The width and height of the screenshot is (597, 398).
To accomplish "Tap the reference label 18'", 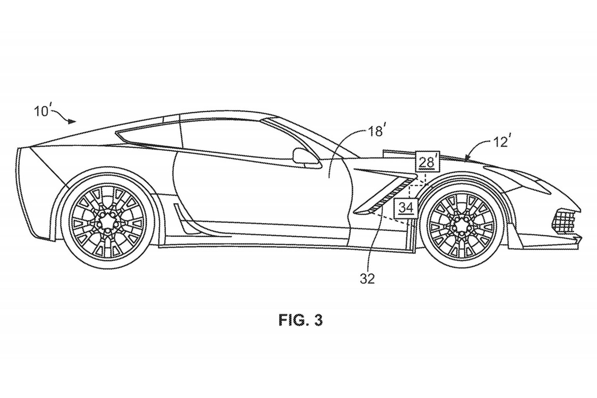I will point(377,131).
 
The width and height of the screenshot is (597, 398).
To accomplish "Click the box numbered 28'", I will point(427,162).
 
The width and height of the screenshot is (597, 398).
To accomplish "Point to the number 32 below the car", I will point(367,279).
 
